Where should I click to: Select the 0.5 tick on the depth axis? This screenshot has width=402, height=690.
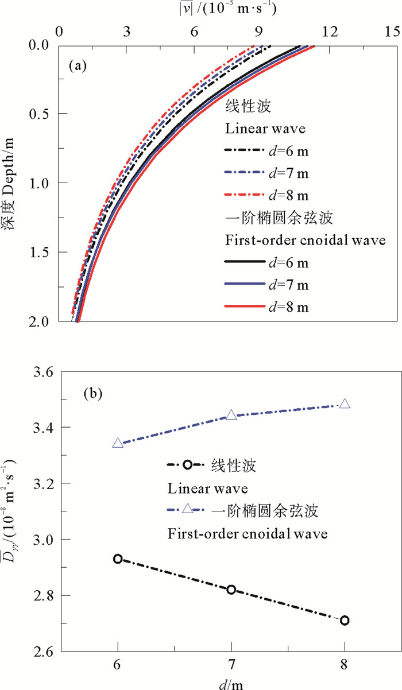coord(41,114)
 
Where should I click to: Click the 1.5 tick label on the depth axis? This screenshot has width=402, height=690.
coord(41,252)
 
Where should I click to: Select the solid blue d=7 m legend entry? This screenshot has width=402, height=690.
coord(266,285)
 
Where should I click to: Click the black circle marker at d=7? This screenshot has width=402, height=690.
coord(231,590)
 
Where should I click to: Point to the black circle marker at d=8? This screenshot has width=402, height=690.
coord(345,620)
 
